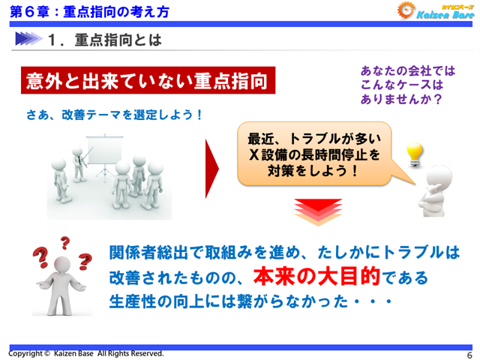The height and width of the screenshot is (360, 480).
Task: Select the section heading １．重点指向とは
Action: [x=104, y=40]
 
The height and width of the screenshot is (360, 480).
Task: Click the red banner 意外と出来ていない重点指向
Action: [x=147, y=81]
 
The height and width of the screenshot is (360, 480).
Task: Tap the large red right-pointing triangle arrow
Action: [x=213, y=169]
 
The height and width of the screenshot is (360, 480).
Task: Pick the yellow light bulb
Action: [x=415, y=152]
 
